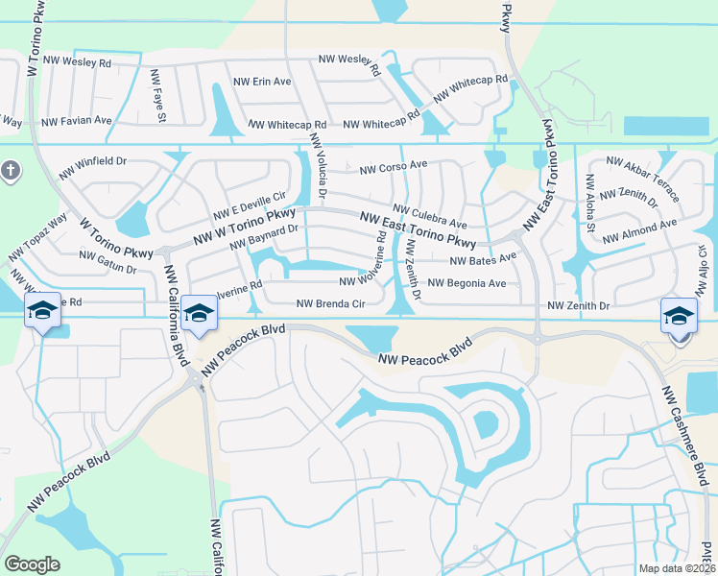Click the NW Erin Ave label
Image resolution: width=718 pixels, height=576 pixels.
click(x=262, y=82)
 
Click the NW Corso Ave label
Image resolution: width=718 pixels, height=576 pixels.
click(x=394, y=167)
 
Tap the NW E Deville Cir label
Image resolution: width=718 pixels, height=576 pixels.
click(x=251, y=204)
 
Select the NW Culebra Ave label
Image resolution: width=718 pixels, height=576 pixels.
click(x=429, y=216)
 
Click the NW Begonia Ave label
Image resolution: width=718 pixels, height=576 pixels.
click(x=467, y=283)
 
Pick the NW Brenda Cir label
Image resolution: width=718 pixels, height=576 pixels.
click(x=331, y=304)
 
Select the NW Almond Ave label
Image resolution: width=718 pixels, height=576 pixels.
click(x=642, y=229)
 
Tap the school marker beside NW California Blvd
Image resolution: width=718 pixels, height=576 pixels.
click(x=199, y=314)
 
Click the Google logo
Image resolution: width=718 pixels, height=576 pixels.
click(x=32, y=564)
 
